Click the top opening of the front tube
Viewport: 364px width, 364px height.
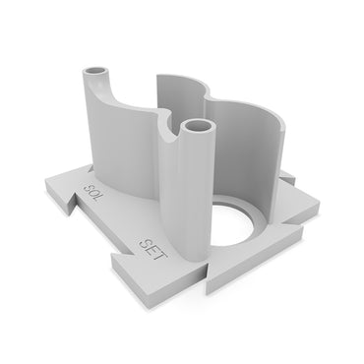[x=197, y=127]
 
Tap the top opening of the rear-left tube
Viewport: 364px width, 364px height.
[x=97, y=73]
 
